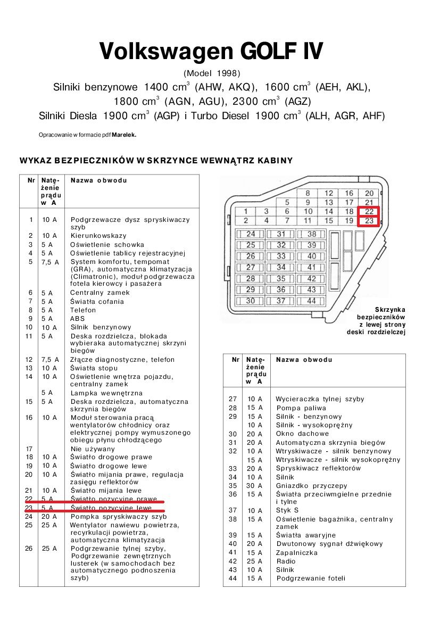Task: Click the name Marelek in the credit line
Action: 124,135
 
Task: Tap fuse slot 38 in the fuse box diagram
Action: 312,234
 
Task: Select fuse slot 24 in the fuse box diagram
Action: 251,234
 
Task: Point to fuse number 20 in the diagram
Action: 369,193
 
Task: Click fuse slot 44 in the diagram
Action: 312,301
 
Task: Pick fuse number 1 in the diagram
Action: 246,211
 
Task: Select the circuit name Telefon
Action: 84,310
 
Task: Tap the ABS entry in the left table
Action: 78,319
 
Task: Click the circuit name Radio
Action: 285,561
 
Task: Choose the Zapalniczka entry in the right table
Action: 297,553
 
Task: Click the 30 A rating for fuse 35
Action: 254,486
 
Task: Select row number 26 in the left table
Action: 29,549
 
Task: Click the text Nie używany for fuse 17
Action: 93,449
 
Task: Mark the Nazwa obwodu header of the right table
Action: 304,360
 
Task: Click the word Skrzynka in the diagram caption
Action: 390,310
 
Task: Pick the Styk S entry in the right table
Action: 287,510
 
